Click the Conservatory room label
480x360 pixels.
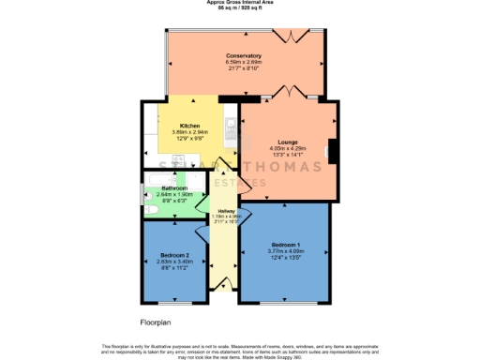pos(244,56)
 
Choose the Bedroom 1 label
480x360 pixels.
pos(284,244)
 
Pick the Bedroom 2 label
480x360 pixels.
pos(175,255)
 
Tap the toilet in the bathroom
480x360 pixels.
pos(149,210)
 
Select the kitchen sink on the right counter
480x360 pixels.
pos(230,122)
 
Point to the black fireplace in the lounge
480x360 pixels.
pos(331,151)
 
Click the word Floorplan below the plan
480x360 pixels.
pos(158,322)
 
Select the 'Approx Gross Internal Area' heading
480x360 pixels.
pos(240,3)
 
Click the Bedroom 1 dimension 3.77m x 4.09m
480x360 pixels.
pos(284,251)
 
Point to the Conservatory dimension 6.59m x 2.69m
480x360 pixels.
pos(244,64)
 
